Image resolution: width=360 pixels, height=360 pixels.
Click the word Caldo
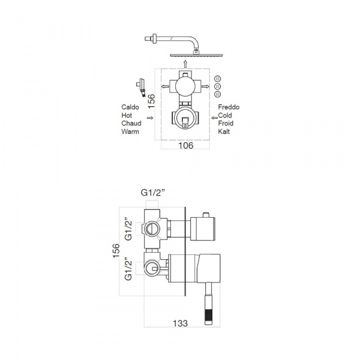click(x=130, y=107)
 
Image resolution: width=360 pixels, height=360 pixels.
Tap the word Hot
click(x=127, y=115)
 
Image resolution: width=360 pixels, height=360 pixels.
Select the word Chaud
click(x=131, y=123)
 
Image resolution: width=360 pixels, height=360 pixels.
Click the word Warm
click(x=130, y=131)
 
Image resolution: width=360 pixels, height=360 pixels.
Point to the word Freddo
click(x=229, y=107)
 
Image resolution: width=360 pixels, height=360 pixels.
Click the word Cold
click(x=225, y=115)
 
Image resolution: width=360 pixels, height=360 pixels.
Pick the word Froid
click(x=226, y=123)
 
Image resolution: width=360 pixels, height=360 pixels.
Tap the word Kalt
click(x=224, y=131)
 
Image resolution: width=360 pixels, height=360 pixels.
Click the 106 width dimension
click(x=186, y=145)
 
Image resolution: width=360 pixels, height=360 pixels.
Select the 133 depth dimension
click(x=180, y=323)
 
